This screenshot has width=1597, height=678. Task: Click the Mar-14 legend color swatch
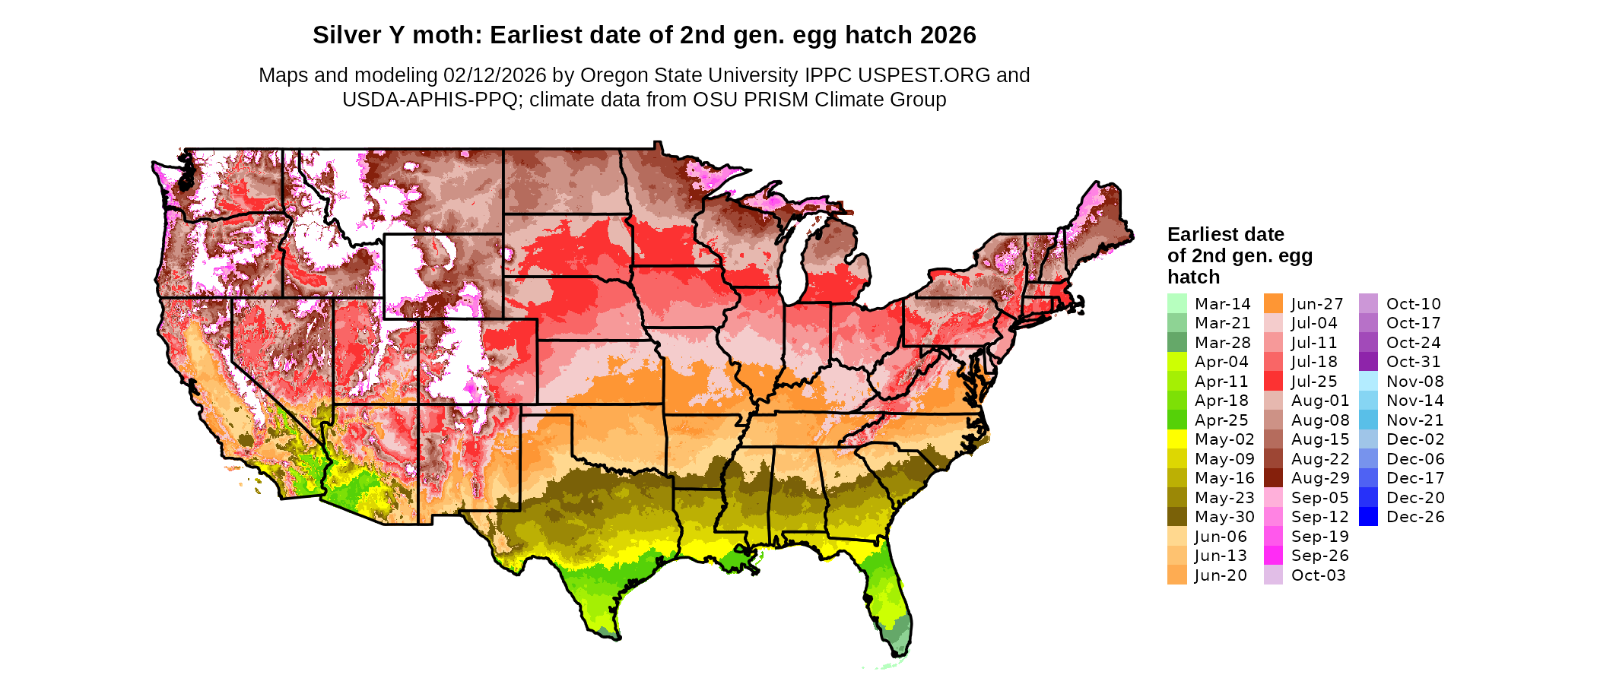point(1176,303)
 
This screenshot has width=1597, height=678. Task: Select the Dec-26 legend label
point(1415,517)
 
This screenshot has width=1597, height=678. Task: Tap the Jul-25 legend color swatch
point(1273,381)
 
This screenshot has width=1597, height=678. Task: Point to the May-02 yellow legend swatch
point(1176,439)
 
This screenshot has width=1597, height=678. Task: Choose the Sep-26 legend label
point(1319,556)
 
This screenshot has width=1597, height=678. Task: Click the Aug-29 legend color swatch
point(1273,478)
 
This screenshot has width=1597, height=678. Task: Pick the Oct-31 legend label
point(1413,362)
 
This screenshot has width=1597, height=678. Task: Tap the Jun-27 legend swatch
point(1273,303)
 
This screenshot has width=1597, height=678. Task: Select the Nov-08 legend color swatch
point(1368,381)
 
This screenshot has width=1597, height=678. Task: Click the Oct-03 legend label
point(1318,575)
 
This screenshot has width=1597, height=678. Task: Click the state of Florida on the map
point(890,600)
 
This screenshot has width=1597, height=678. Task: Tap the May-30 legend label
point(1224,517)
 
